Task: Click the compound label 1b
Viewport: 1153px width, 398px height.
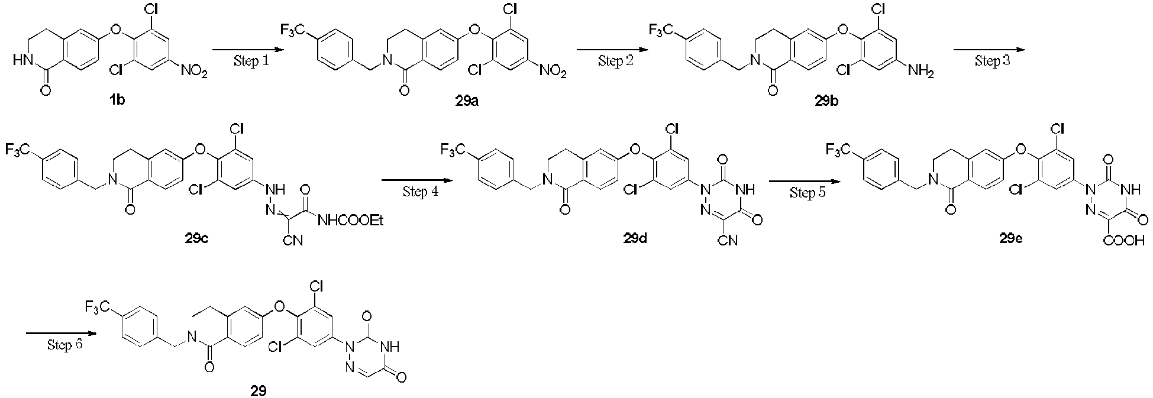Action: click(117, 101)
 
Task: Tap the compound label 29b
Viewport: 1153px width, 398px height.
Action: click(826, 101)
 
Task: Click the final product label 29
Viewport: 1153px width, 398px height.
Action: click(258, 390)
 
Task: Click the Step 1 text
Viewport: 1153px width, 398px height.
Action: click(250, 62)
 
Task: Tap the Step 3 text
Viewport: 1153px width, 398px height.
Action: click(993, 62)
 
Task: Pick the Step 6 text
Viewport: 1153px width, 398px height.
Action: click(65, 345)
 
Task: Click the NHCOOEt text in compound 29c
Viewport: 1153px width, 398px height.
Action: click(351, 221)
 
